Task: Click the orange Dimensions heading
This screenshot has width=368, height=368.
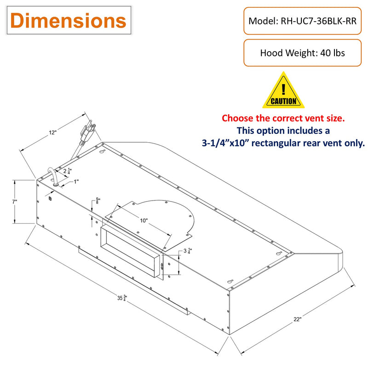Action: click(68, 21)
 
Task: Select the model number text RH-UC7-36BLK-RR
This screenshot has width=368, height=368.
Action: click(318, 21)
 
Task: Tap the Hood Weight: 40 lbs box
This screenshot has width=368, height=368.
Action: click(302, 53)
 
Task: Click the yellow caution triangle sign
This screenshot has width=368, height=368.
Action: click(283, 90)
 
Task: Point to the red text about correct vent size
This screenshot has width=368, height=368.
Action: click(283, 118)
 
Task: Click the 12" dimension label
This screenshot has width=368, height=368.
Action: click(52, 132)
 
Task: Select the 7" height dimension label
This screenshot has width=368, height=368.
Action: click(15, 201)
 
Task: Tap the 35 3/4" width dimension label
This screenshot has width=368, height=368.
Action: click(122, 298)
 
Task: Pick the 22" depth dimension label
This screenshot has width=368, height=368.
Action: click(297, 319)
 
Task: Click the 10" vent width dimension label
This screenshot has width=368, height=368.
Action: click(144, 220)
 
